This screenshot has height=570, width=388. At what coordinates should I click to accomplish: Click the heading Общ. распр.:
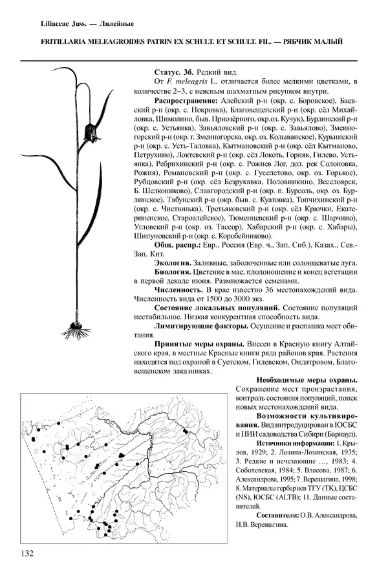pyautogui.click(x=179, y=246)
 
